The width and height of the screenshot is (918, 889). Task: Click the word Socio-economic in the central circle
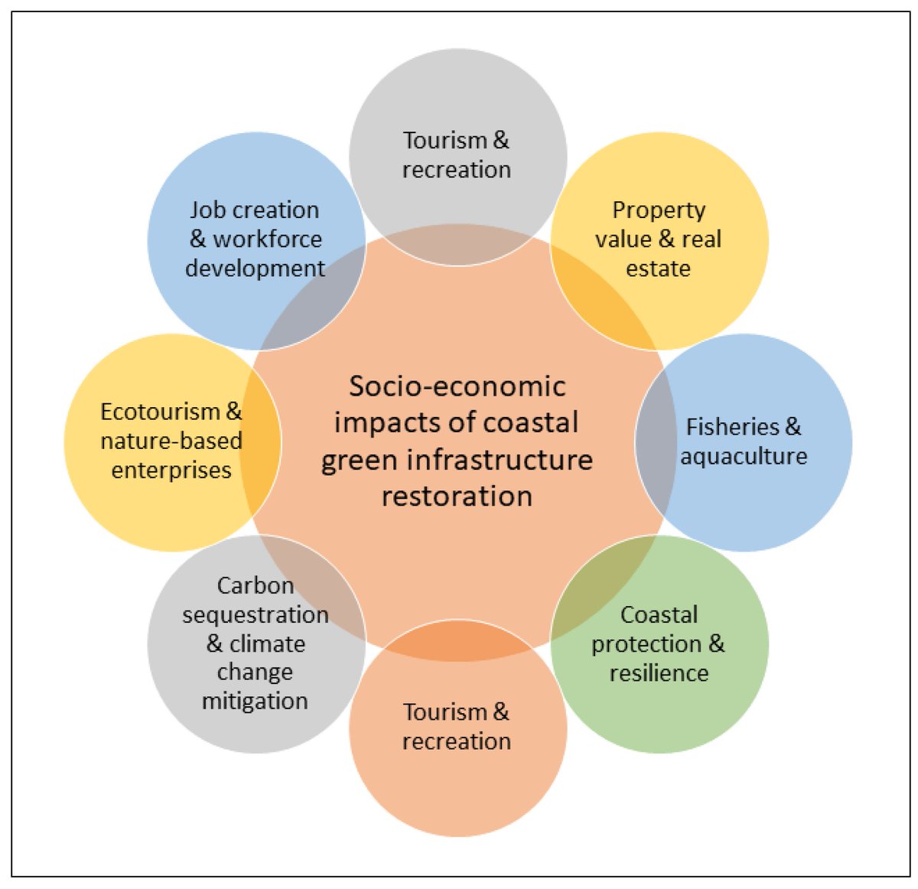[457, 386]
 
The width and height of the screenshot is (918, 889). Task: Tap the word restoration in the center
[457, 497]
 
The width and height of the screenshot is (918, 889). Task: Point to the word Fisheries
[732, 427]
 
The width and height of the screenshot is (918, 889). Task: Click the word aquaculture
[744, 457]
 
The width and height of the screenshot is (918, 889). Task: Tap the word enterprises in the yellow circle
[171, 470]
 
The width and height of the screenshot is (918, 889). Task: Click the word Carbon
[256, 586]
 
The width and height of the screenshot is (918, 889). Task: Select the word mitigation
[255, 701]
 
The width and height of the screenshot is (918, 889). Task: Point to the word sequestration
[256, 615]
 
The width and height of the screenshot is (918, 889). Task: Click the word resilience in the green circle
[659, 673]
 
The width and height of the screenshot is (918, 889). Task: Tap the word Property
[659, 210]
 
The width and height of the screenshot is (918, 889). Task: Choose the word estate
[658, 269]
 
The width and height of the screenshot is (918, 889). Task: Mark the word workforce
[267, 239]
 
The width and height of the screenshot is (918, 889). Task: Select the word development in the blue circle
[255, 269]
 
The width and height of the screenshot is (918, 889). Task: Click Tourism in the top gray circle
[445, 141]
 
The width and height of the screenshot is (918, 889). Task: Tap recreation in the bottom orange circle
[457, 741]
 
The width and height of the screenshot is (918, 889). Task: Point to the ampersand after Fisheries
[793, 427]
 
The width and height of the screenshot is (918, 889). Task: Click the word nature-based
[171, 441]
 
